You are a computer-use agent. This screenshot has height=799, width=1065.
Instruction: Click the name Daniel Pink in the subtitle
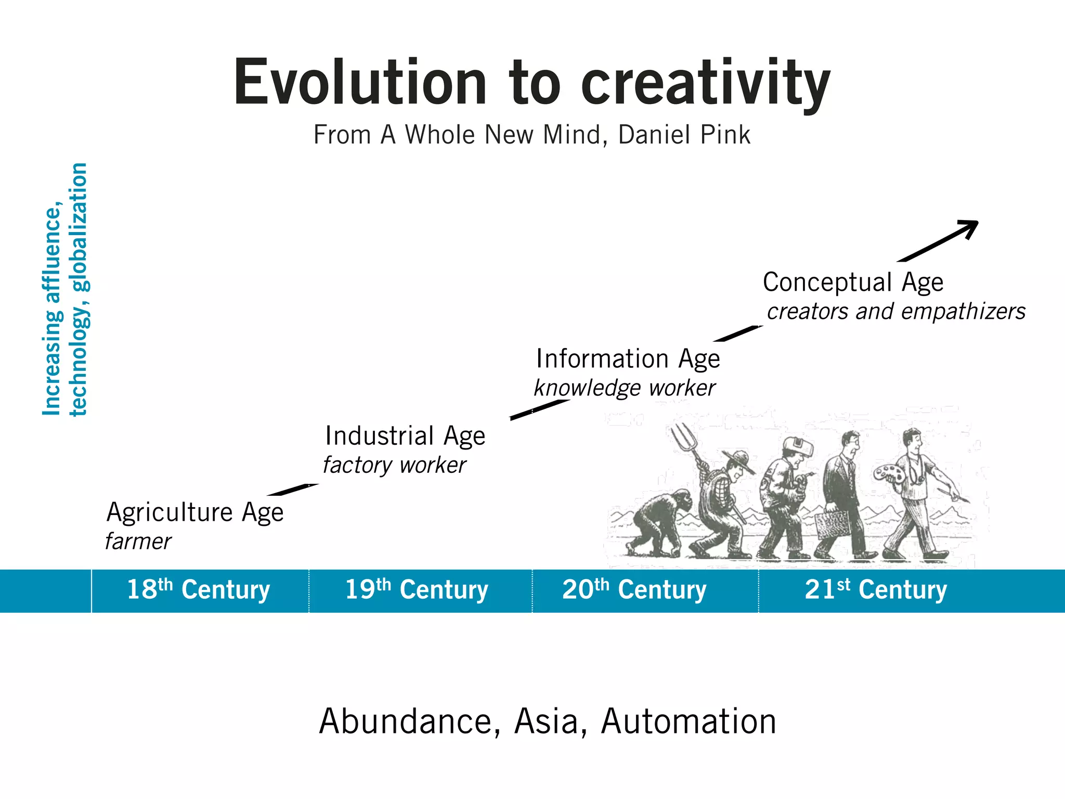(x=684, y=135)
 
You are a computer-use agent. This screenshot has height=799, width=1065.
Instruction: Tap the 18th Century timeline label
(x=198, y=590)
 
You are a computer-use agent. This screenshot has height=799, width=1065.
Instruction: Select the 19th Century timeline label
(x=417, y=590)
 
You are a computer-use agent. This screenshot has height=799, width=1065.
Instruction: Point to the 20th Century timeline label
(x=634, y=590)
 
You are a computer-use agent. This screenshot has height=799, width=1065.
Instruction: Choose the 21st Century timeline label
(x=876, y=590)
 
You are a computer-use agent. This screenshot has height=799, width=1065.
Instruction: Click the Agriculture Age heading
(x=195, y=512)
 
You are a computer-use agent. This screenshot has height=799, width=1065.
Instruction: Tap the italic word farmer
(x=138, y=542)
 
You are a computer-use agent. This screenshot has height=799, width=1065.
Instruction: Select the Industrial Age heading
(x=405, y=436)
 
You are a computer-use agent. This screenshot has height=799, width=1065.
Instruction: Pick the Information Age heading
(x=628, y=359)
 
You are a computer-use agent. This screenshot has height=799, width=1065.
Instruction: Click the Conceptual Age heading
(x=853, y=282)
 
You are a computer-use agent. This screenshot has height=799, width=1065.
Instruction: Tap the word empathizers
(x=963, y=312)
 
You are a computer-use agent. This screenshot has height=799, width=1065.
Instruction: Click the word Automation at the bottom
(x=689, y=721)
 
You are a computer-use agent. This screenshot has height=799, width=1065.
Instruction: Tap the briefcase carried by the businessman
(x=833, y=524)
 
